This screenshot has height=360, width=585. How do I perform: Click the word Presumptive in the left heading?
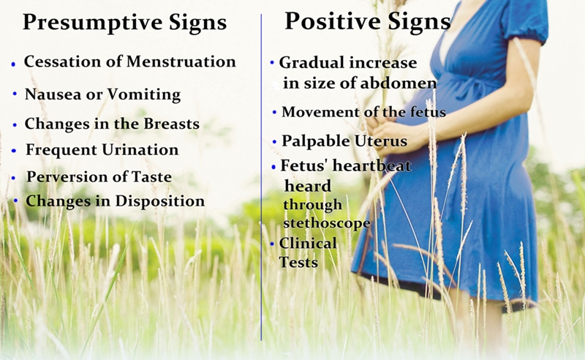93,23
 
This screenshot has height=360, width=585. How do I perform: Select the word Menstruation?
181,61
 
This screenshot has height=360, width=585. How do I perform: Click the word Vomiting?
144,95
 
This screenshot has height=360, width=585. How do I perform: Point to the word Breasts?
172,124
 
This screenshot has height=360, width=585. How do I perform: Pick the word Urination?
140,150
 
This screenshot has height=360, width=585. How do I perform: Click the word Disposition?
160,201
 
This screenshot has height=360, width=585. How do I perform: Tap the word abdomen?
399,83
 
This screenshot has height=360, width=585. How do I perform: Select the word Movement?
317,112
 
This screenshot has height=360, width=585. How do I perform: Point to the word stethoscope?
327,223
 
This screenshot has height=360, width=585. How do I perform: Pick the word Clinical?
308,243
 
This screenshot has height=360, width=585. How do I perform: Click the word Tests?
298,262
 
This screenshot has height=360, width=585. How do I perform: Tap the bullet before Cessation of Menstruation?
13,64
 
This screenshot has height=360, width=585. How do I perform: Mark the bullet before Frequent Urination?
14,151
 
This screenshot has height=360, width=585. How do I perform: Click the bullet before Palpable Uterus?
275,142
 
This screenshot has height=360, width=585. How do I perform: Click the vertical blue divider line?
261,177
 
